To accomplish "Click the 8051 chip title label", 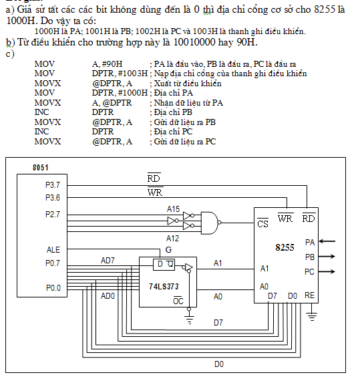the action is pos(41,168).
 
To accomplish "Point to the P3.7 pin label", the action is pos(53,185).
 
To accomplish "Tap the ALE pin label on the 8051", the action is pos(53,250).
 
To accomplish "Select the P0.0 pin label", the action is pos(53,288).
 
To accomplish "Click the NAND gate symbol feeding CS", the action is pos(210,223).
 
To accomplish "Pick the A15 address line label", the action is pos(173,209).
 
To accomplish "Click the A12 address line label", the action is pos(172,239).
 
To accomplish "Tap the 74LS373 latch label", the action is pos(164,287).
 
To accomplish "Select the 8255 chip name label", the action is pos(285,247).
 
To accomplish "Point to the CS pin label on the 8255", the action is pos(262,223).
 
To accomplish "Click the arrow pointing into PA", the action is pos(327,241).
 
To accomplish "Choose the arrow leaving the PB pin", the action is pos(327,257).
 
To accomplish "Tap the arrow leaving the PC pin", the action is pos(327,271).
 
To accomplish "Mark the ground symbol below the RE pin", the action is pos(312,316).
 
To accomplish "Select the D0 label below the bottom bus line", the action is pos(219,364).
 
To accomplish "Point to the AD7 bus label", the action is pos(108,261).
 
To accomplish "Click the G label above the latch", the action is pos(168,250).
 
